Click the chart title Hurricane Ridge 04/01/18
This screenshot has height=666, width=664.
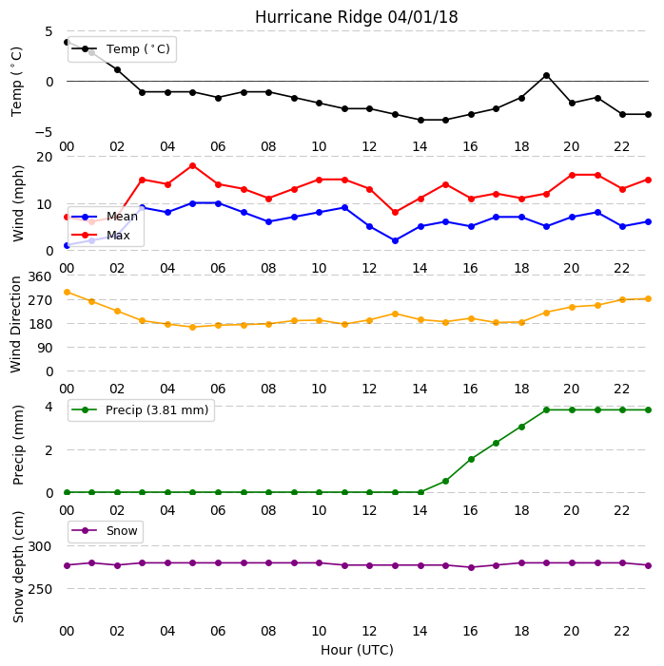(356, 17)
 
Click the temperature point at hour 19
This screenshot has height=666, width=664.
(547, 76)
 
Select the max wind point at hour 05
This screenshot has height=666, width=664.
(193, 165)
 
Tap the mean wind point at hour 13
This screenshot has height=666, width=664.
(395, 240)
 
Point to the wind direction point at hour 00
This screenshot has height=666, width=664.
(67, 293)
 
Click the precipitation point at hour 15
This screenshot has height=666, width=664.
(446, 482)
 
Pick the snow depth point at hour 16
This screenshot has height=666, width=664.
(471, 567)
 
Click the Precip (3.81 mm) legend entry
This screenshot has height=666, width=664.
(141, 410)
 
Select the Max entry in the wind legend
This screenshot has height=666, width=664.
(101, 236)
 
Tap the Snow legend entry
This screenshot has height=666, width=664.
(105, 531)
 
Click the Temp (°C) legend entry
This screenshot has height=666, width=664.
(121, 49)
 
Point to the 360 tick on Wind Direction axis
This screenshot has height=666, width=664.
(40, 276)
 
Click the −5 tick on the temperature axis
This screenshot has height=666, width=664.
(44, 132)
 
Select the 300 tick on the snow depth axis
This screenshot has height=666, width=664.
(40, 546)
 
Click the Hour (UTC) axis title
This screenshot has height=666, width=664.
(357, 650)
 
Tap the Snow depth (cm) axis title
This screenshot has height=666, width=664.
(18, 567)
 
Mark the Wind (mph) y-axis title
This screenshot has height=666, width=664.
(18, 203)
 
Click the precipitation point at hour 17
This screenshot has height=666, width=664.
(496, 443)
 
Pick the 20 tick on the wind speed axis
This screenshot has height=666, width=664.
(45, 157)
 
